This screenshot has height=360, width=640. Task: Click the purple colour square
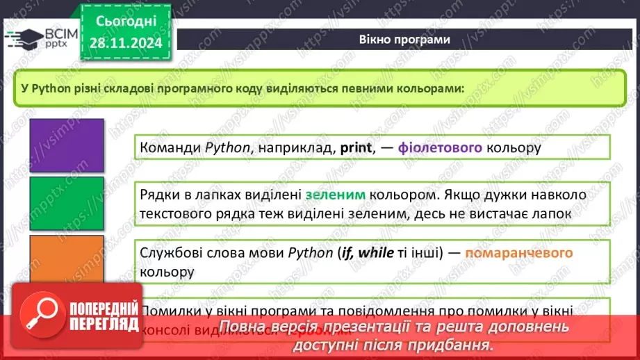67,145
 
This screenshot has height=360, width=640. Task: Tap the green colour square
67,204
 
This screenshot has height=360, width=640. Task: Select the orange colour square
67,262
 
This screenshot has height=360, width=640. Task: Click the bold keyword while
378,253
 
